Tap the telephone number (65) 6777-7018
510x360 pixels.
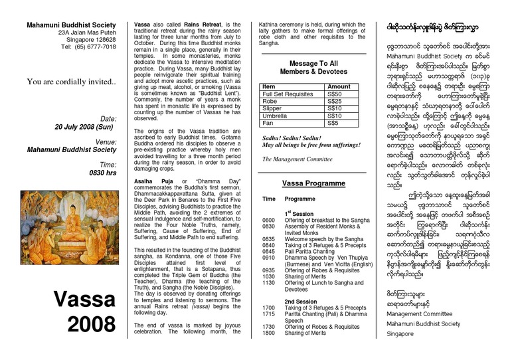(88, 47)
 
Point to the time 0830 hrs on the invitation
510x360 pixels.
(102, 172)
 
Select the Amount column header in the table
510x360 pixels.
(339, 86)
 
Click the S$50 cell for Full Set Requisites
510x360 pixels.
(334, 94)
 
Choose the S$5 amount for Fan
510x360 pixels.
(332, 123)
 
